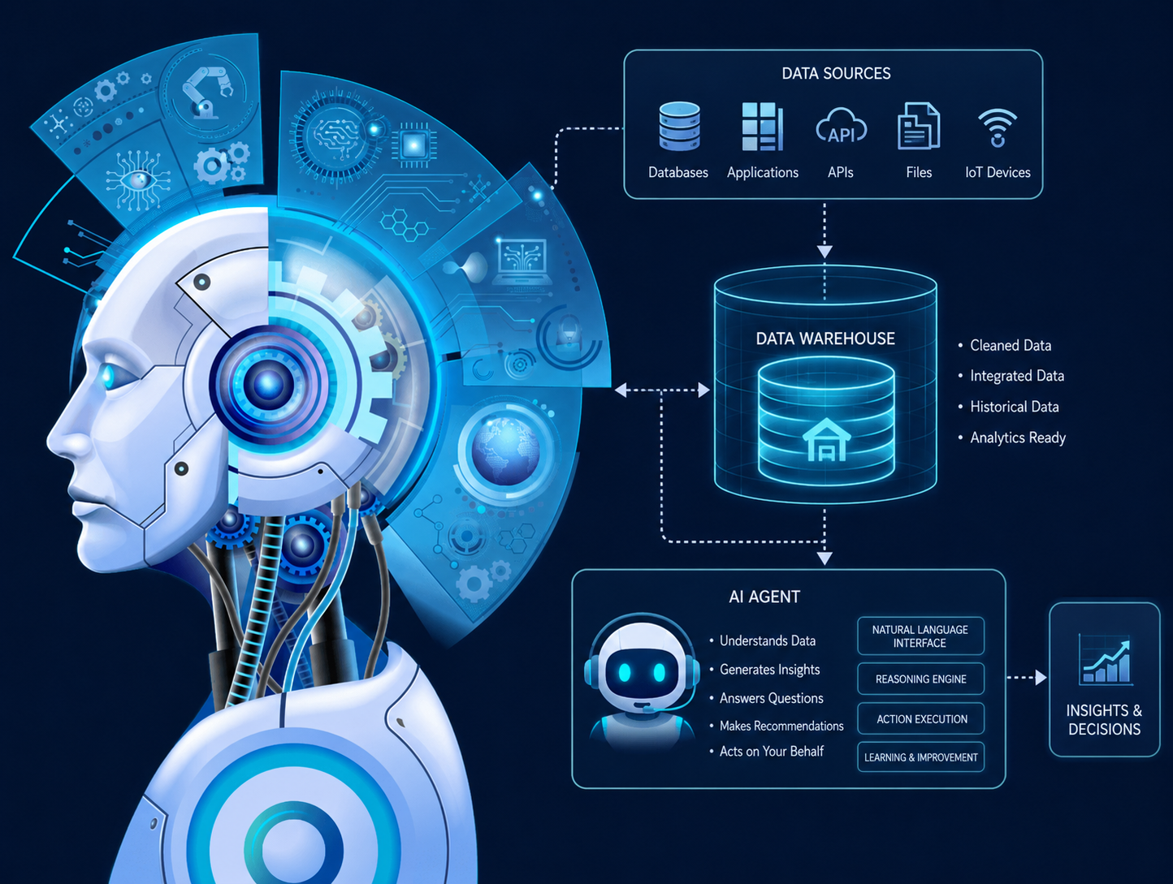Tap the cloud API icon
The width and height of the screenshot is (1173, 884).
pos(841,127)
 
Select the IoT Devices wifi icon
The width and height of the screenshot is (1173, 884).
pos(998,128)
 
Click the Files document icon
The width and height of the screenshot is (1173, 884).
pos(919,126)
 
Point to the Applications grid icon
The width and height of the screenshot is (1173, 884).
pos(763,127)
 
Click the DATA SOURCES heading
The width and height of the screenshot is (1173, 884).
pos(837,73)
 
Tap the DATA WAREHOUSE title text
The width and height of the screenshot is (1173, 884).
pos(825,339)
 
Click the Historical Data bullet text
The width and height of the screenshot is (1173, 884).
pos(1015,407)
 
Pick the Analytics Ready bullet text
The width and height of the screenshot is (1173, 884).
pos(1018,438)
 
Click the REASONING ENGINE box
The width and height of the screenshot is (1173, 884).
pos(920,679)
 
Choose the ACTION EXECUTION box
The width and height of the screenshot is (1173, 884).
pos(920,718)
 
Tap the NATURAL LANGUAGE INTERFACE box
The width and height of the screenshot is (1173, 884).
pos(920,636)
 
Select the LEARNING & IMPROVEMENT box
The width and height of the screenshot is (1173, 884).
pos(920,757)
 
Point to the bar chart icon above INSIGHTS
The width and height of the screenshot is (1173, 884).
pos(1105,659)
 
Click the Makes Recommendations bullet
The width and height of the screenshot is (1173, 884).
pos(777,726)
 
